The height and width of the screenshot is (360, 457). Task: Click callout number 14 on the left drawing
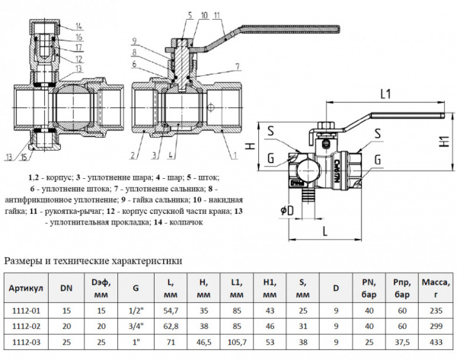[x=81, y=27]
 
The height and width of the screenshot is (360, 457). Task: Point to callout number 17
[x=81, y=48]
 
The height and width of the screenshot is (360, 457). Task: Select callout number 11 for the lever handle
[x=216, y=15]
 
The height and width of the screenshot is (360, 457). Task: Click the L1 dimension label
[x=385, y=94]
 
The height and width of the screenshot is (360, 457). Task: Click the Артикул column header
[x=27, y=290]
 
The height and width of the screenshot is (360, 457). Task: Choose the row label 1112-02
[x=27, y=324]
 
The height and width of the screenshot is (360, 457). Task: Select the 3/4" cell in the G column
[x=136, y=324]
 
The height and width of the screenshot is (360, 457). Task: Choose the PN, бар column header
[x=366, y=290]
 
